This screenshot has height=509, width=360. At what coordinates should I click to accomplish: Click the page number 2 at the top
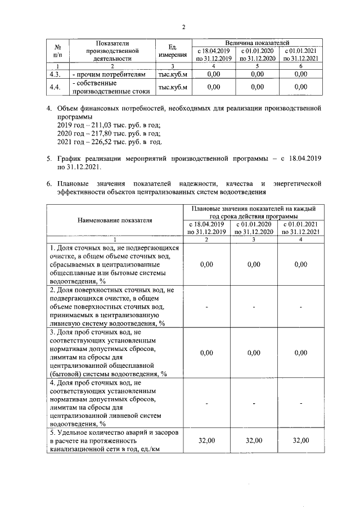(183, 26)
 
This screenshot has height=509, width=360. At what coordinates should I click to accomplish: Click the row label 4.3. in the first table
(55, 74)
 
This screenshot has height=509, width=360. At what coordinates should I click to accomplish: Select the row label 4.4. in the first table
(55, 87)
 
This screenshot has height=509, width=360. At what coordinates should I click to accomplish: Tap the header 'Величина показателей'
(257, 42)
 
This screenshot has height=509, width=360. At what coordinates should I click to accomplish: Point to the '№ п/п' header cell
(57, 50)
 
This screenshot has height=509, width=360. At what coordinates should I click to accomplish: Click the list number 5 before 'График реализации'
(48, 159)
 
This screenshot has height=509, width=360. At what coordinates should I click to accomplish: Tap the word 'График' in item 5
(70, 159)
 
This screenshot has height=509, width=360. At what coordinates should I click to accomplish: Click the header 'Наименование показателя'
(115, 220)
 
